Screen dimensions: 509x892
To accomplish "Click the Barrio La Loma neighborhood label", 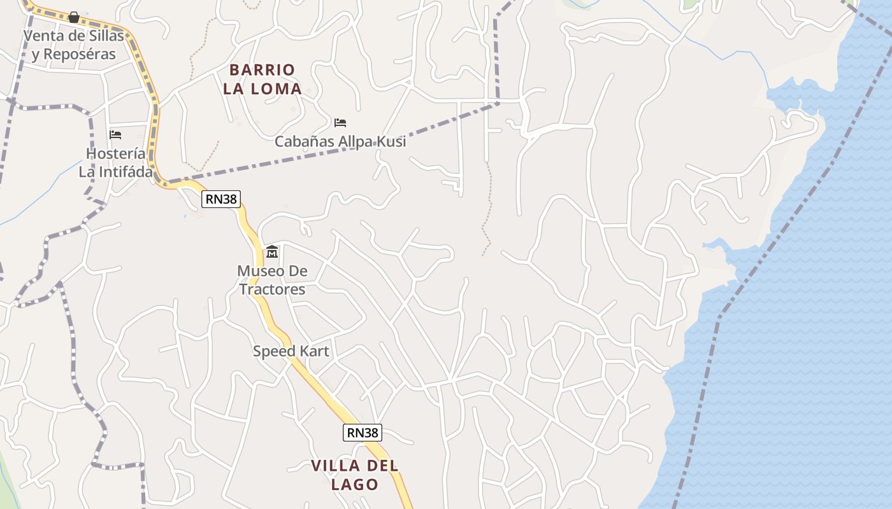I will point(262,79).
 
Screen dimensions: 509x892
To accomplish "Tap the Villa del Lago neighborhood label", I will point(354,475).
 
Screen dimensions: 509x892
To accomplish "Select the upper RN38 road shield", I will point(221,199).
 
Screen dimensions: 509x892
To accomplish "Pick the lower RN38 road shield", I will point(363,433).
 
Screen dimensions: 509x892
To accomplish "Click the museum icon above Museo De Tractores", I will point(272,252).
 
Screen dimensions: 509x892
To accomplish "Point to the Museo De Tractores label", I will point(272,280).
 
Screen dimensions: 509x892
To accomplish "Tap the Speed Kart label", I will point(291,351).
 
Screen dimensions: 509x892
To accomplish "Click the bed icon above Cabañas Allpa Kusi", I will point(340,122).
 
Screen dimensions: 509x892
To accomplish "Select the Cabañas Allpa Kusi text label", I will point(340,141).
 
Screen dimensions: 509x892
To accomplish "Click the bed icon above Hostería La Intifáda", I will point(115,134).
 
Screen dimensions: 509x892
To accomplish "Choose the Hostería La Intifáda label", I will point(116,163).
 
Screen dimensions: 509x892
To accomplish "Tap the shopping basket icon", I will point(74,17).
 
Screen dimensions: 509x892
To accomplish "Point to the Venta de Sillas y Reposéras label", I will point(74,45).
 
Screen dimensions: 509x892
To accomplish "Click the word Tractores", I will point(272,289).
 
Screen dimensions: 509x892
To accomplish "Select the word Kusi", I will point(389,141).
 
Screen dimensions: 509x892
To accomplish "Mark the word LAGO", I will point(354,484).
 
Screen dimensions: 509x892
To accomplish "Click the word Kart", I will point(313,351).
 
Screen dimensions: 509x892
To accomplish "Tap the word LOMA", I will point(276,88).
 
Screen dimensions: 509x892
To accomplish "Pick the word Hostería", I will point(115,153).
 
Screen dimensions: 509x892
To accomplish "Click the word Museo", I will point(257,271).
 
